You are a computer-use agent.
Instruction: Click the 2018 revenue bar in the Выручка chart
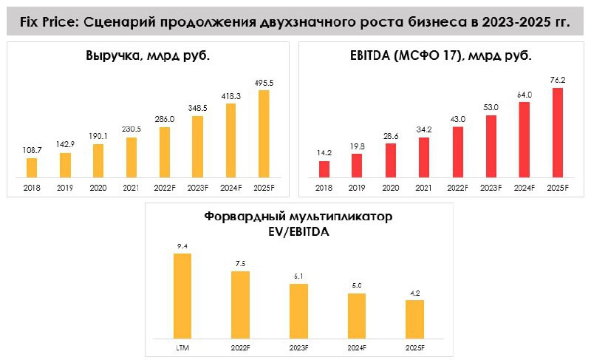click(31, 168)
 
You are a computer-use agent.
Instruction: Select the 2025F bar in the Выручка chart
click(264, 134)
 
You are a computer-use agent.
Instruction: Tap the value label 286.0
click(164, 118)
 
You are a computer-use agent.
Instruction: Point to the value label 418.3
click(230, 95)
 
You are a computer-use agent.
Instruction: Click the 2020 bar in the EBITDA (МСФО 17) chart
click(390, 160)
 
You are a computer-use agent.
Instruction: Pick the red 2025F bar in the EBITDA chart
click(557, 133)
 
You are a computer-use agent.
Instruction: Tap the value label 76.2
click(557, 80)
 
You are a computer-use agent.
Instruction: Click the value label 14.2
click(324, 153)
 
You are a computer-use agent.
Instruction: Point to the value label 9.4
click(182, 245)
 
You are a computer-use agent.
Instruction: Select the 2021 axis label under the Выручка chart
click(131, 189)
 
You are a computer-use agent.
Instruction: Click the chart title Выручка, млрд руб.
click(148, 56)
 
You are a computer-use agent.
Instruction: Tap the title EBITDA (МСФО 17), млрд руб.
click(440, 56)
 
